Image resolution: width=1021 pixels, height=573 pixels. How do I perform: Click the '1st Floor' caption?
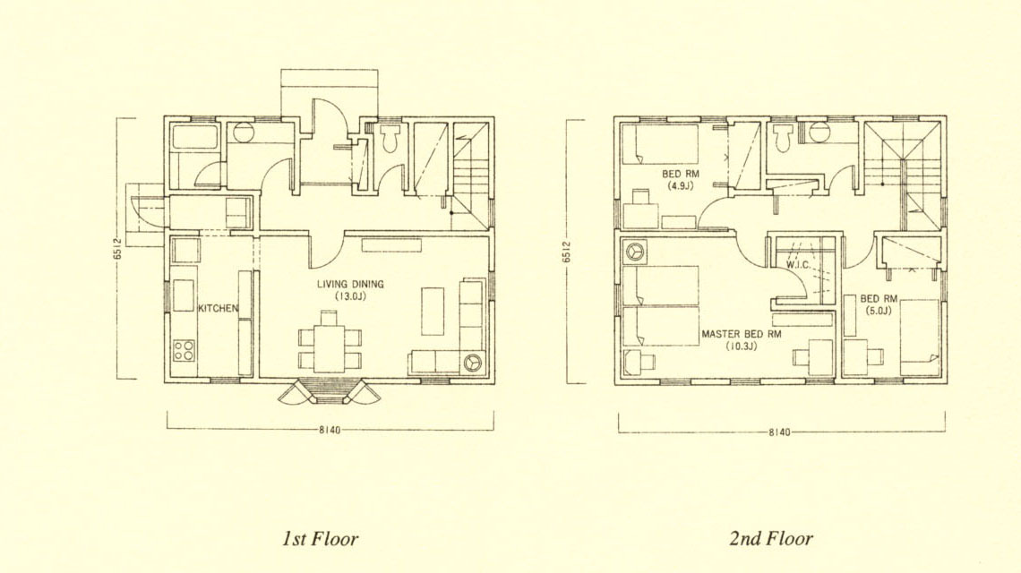[320, 539]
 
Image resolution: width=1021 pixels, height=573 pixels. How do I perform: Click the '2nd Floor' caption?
[771, 539]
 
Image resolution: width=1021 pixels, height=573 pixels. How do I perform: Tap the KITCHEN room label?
[219, 309]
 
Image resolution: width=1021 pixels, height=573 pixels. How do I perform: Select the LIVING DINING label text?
[350, 284]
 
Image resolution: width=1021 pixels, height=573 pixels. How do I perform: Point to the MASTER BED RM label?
[741, 334]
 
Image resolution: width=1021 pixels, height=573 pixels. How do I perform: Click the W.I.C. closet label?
[798, 265]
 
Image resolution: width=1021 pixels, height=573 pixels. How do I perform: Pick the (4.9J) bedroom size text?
[680, 185]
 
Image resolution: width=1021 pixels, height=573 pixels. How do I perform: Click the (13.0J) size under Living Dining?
[350, 296]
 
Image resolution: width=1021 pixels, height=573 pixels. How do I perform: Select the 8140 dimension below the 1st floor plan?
[330, 431]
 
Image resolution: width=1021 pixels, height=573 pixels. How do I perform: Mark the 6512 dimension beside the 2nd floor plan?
[567, 252]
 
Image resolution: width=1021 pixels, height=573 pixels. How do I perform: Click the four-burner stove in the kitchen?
[184, 350]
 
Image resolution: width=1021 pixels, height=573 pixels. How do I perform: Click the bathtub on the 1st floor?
[193, 137]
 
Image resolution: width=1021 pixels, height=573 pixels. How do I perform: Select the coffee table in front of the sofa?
[433, 312]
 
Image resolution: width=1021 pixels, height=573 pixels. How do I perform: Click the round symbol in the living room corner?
[471, 362]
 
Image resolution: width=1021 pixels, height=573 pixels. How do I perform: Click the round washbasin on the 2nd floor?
[817, 132]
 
